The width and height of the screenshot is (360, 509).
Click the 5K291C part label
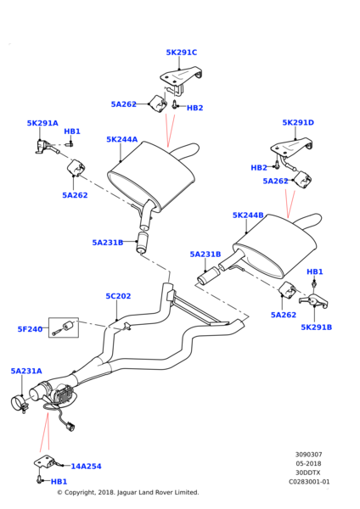pos(182,53)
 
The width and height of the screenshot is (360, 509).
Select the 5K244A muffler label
pos(122,139)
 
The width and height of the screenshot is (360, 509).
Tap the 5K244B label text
pos(248,215)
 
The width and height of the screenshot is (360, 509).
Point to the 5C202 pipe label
pos(118,296)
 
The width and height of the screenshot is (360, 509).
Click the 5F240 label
pos(30,329)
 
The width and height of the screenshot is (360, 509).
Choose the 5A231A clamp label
pos(26,371)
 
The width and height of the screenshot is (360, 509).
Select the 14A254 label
pos(86,466)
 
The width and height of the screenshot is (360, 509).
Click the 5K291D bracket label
pos(298,122)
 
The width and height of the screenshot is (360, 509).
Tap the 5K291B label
pos(316,327)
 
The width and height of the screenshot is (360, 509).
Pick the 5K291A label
pos(42,123)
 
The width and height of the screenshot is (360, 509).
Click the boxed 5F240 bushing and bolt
pos(64,327)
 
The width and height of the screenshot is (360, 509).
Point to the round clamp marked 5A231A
pos(19,404)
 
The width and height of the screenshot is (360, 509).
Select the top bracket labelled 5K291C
pos(181,78)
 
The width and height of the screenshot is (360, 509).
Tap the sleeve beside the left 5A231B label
pos(142,242)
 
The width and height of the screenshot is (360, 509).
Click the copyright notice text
pos(128,492)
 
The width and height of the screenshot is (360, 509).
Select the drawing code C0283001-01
pos(309,482)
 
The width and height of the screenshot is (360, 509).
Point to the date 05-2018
pos(308,463)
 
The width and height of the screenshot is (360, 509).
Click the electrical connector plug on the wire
pos(70,426)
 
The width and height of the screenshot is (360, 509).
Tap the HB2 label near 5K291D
pos(259,167)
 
